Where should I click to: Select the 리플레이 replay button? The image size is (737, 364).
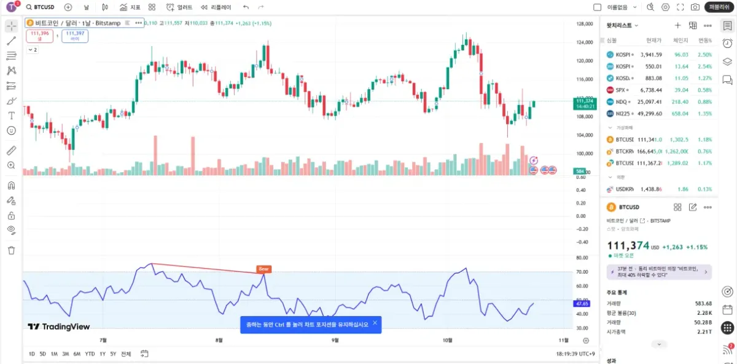pyautogui.click(x=217, y=7)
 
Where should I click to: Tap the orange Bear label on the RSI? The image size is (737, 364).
pyautogui.click(x=263, y=269)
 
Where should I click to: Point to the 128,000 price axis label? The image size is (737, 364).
pyautogui.click(x=583, y=24)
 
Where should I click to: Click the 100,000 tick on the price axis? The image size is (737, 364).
pyautogui.click(x=583, y=153)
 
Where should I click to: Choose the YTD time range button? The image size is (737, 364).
pyautogui.click(x=90, y=354)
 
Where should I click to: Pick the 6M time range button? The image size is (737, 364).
pyautogui.click(x=77, y=354)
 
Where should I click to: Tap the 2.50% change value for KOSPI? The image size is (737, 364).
pyautogui.click(x=704, y=55)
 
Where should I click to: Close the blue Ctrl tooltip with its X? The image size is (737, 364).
pyautogui.click(x=375, y=323)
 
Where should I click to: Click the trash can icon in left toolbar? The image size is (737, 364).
pyautogui.click(x=11, y=250)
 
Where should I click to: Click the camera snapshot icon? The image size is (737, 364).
pyautogui.click(x=695, y=7)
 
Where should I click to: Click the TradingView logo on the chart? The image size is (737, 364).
pyautogui.click(x=59, y=327)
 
